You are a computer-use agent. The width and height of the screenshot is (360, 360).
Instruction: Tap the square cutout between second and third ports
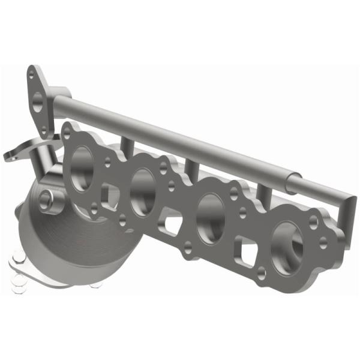point(173,224)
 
